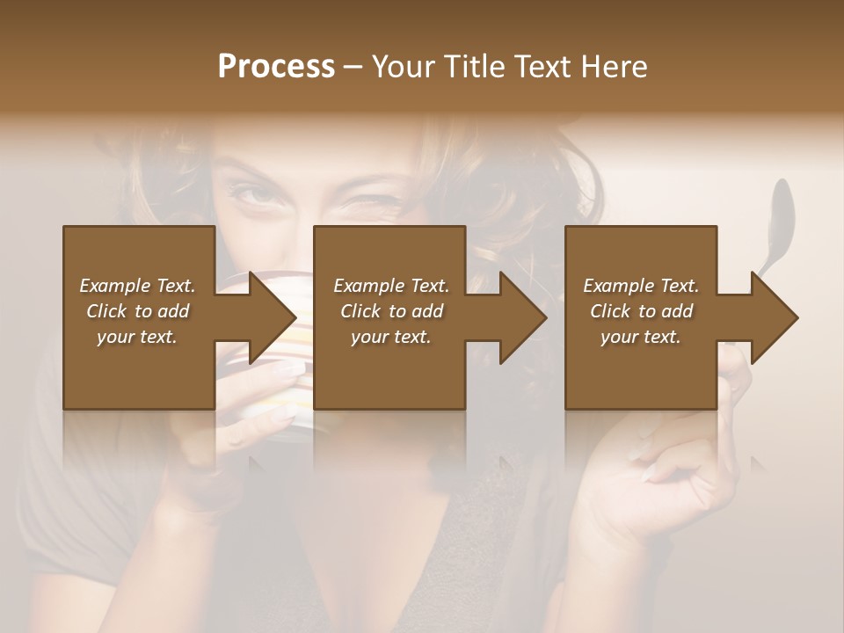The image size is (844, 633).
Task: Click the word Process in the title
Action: coord(276,66)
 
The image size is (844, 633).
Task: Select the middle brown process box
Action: coord(389,369)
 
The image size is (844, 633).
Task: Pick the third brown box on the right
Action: coord(640,369)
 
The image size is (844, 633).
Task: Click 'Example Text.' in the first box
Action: coord(137,286)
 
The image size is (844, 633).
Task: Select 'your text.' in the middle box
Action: coord(390,337)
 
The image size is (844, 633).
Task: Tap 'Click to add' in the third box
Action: coord(642,311)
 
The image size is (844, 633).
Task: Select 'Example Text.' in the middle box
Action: coord(391,286)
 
